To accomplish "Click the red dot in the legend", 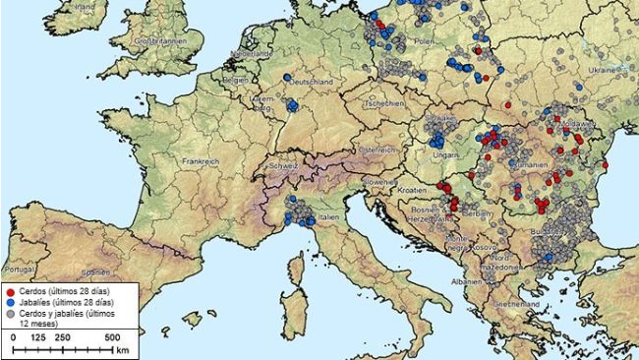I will [11, 292].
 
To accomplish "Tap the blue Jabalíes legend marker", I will [11, 303].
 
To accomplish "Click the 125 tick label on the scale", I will [37, 337].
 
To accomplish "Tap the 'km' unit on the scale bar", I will [122, 349].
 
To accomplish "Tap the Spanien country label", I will [94, 270].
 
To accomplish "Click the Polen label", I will [424, 43].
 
